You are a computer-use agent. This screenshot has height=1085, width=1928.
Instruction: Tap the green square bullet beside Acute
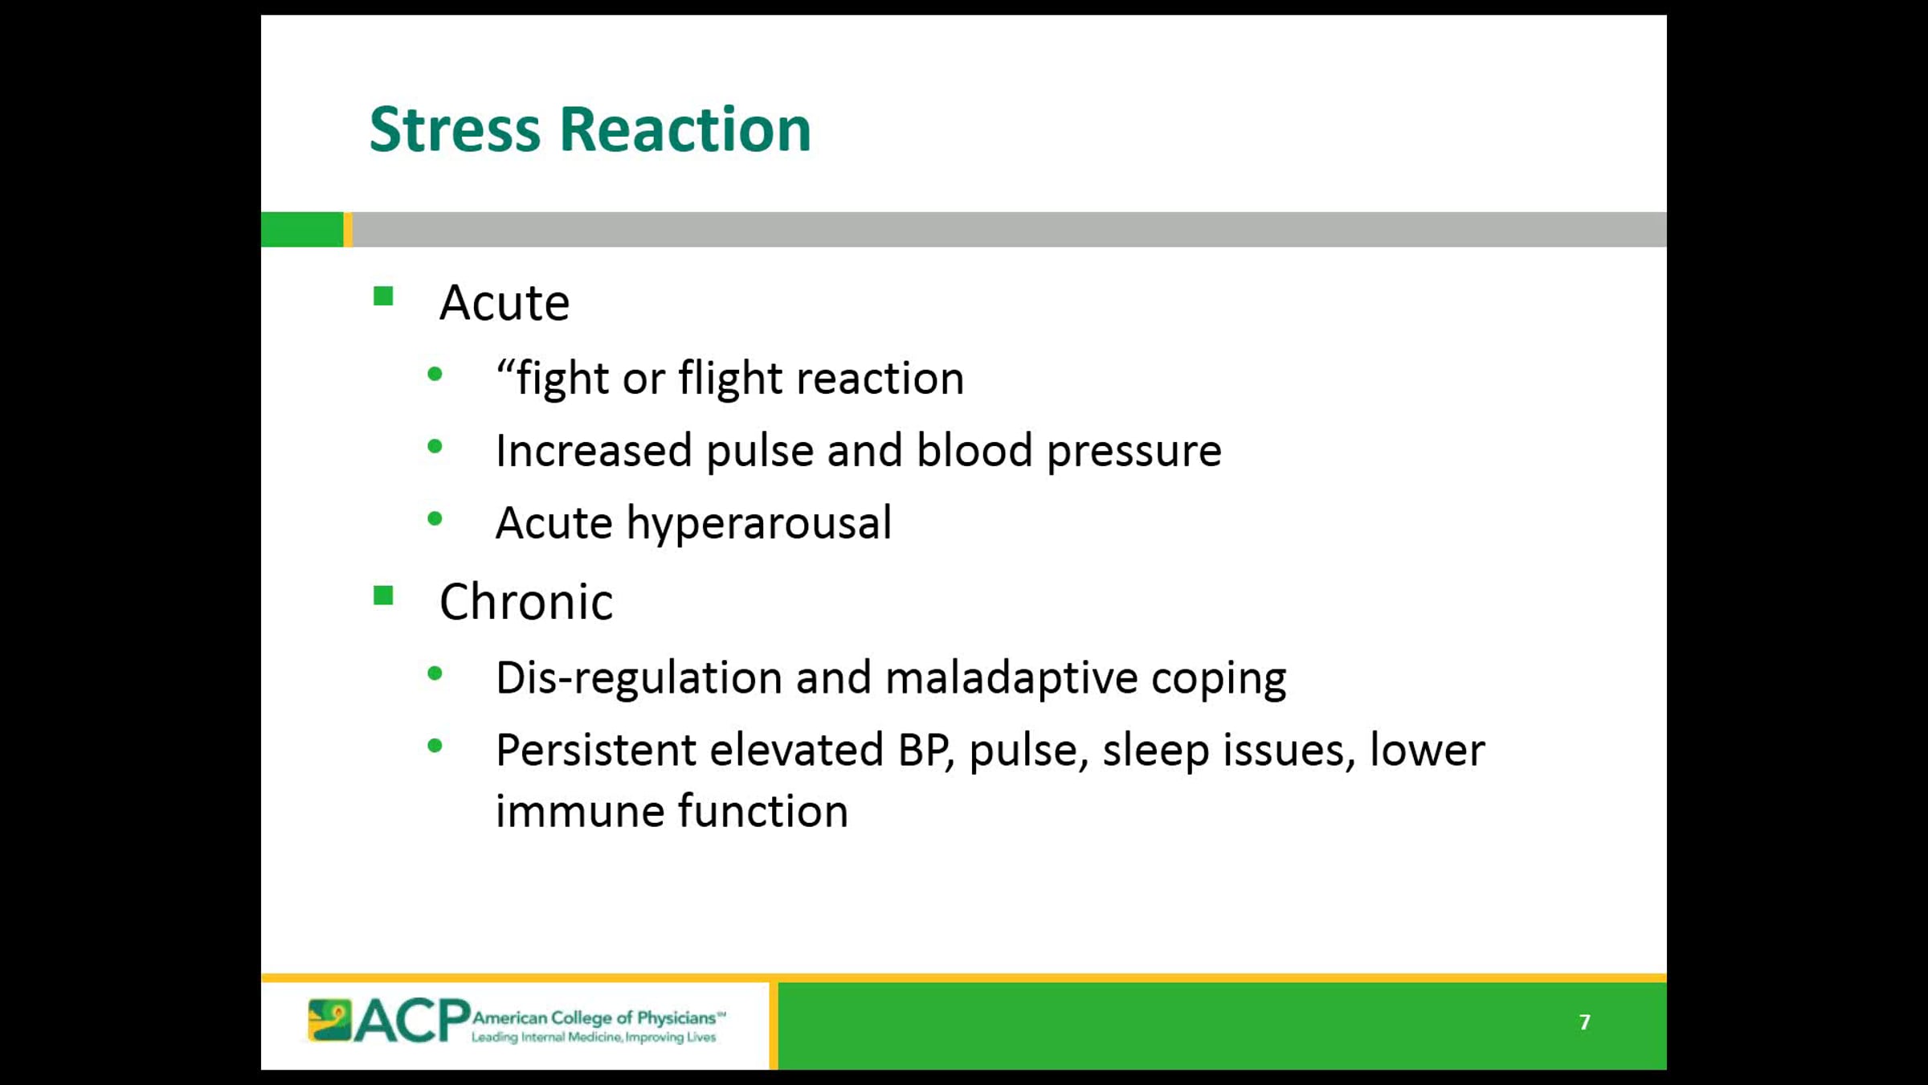pyautogui.click(x=383, y=297)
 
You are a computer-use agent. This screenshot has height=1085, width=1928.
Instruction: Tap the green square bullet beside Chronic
pyautogui.click(x=383, y=596)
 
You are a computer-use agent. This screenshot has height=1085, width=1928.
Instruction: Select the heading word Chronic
pyautogui.click(x=526, y=602)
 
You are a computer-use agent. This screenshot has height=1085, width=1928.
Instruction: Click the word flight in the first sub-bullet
pyautogui.click(x=730, y=378)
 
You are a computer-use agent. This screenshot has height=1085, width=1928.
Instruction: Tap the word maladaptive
pyautogui.click(x=1011, y=678)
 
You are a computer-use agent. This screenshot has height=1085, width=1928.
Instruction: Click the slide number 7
pyautogui.click(x=1584, y=1022)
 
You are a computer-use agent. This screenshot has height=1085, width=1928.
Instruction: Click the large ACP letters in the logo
pyautogui.click(x=412, y=1021)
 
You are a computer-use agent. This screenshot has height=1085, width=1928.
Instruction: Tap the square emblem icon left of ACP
pyautogui.click(x=329, y=1021)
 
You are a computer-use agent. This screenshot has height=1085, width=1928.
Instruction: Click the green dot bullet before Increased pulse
pyautogui.click(x=435, y=446)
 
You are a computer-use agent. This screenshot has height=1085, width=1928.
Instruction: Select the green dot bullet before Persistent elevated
pyautogui.click(x=435, y=746)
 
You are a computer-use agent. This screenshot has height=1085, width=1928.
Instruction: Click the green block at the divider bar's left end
pyautogui.click(x=302, y=229)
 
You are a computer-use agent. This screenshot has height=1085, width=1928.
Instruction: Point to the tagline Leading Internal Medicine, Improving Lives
pyautogui.click(x=594, y=1038)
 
